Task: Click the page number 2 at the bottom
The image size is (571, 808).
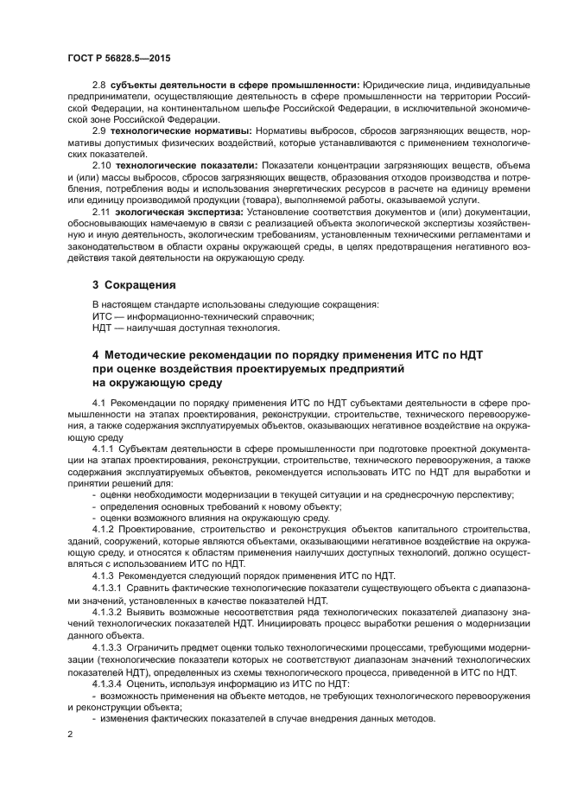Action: tap(71, 734)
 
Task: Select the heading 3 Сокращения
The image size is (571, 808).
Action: tap(134, 284)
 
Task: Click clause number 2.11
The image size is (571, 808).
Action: tap(101, 211)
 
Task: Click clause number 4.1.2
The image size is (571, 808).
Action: tap(104, 528)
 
